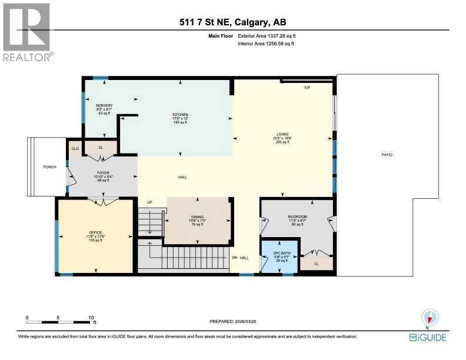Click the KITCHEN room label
(179, 115)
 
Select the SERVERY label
(104, 106)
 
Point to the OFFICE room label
(95, 232)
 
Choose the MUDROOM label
(297, 216)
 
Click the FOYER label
(104, 173)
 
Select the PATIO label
(386, 155)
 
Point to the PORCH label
(50, 166)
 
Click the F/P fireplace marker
(307, 88)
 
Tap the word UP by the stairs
(149, 202)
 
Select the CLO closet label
(75, 149)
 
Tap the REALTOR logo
(27, 32)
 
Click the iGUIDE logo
(428, 337)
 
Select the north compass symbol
(429, 318)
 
